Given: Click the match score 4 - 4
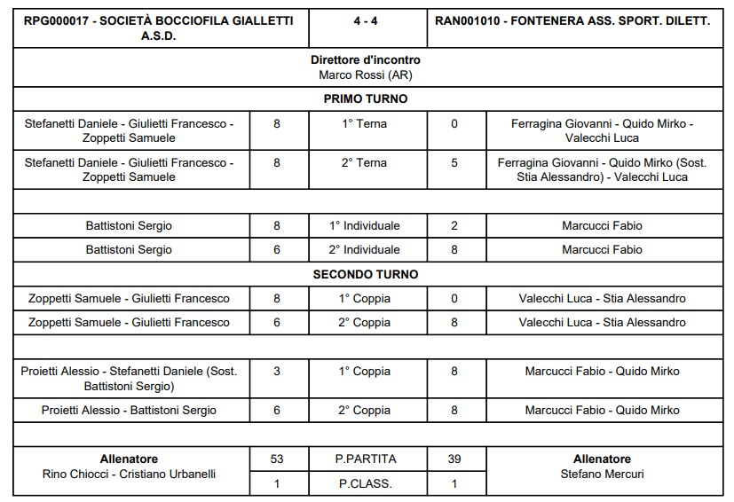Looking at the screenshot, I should click(366, 20).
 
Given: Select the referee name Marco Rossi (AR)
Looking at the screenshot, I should click(366, 75).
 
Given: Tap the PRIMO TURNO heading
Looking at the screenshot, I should click(366, 99).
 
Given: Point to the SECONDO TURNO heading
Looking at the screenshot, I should click(366, 274).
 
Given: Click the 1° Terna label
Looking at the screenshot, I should click(366, 124).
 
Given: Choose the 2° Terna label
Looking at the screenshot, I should click(366, 163).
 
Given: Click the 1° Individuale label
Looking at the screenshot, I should click(366, 226).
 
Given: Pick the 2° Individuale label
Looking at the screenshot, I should click(366, 250).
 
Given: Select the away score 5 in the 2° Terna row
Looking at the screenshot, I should click(454, 163).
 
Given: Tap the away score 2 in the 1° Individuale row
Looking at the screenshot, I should click(454, 226).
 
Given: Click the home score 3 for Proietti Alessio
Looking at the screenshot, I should click(277, 372).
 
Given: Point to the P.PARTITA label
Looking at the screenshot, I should click(366, 459).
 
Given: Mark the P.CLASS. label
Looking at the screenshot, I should click(366, 484).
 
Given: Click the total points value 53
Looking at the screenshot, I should click(277, 459).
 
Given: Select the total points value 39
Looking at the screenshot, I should click(454, 459).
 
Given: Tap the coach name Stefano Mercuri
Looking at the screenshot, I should click(602, 475).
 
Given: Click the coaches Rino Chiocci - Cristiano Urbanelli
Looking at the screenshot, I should click(130, 475).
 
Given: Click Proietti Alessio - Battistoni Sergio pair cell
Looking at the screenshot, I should click(130, 411).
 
